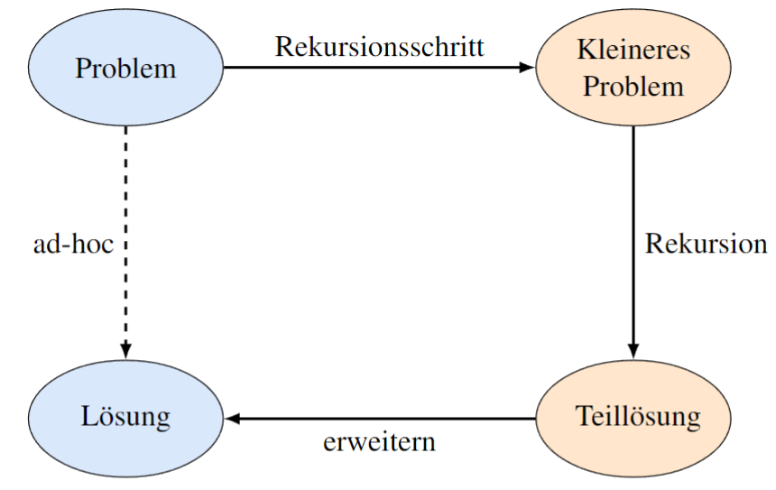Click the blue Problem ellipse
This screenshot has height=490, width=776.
point(126,69)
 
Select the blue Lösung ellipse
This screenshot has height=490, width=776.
point(126,419)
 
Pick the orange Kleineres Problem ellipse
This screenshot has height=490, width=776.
point(633,69)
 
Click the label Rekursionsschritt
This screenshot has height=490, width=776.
point(379,47)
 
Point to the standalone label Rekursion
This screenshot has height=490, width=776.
point(706,244)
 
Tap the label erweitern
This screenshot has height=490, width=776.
point(379,442)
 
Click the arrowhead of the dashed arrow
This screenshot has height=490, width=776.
point(126,350)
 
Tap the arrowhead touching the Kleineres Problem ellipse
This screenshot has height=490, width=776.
point(528,68)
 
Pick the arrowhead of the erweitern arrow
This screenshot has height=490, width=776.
point(232,419)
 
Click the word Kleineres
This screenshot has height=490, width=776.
point(633,51)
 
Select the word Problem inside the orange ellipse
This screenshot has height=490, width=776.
point(633,88)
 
